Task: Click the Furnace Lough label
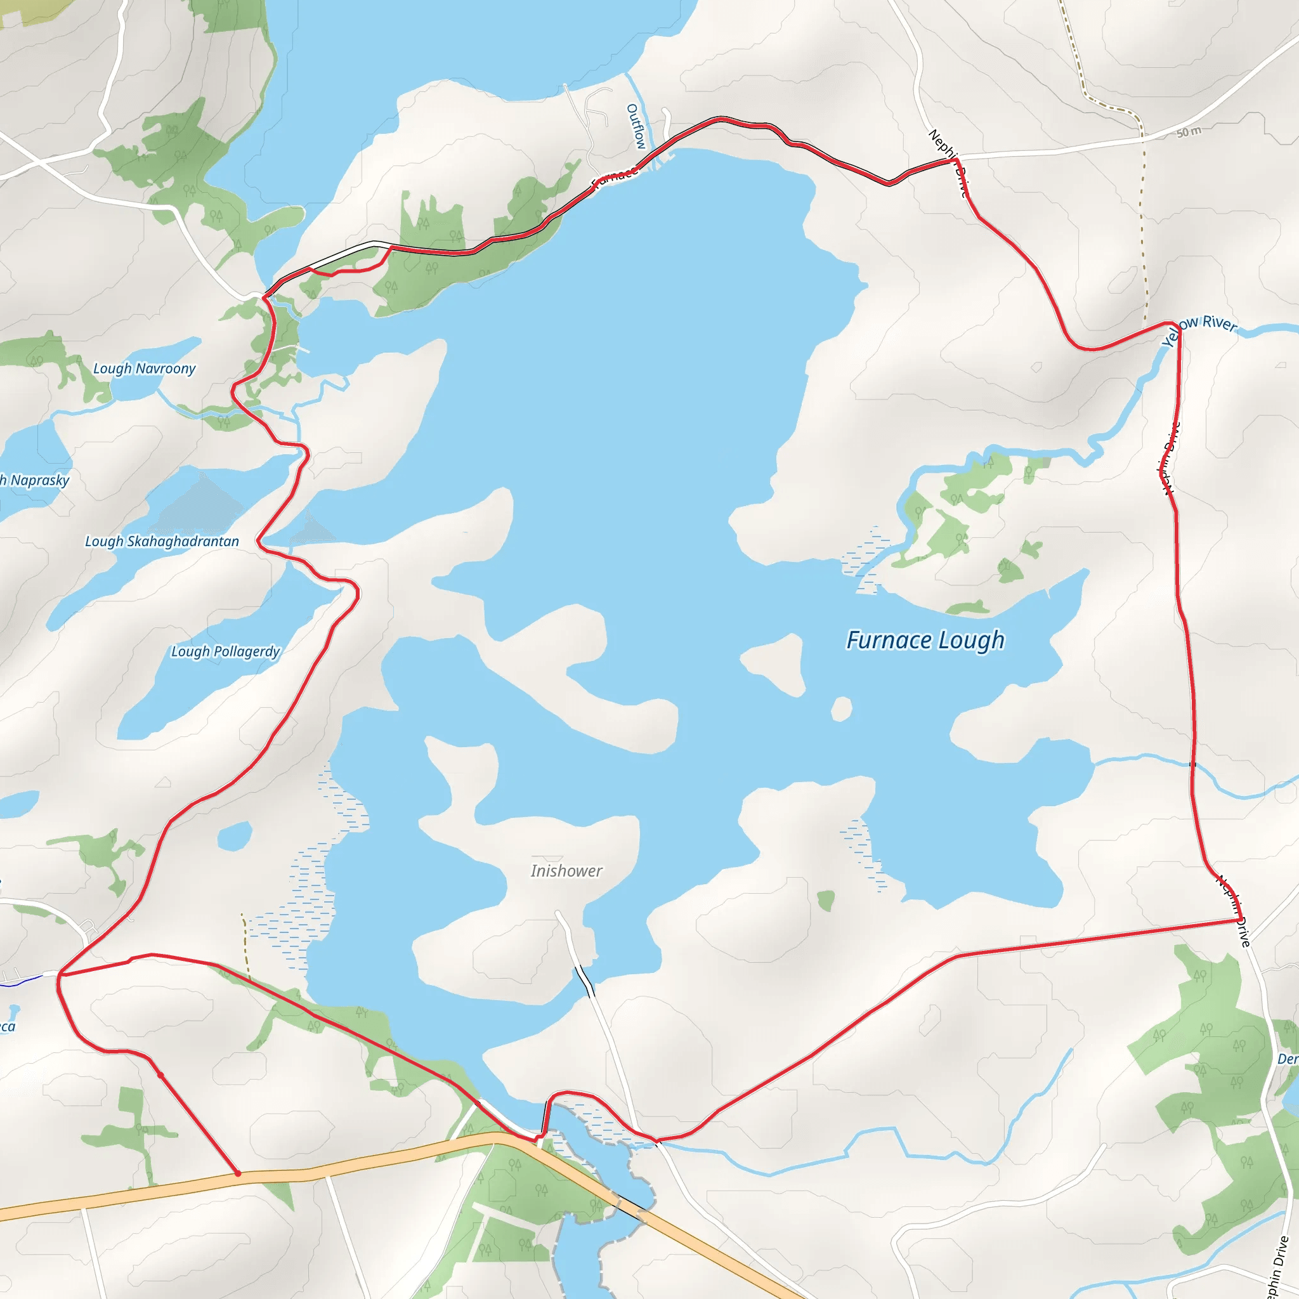click(925, 639)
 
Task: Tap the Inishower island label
click(566, 871)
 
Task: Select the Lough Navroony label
click(144, 369)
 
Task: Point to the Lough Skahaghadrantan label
click(161, 541)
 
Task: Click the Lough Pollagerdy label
click(225, 651)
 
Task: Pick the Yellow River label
click(1201, 329)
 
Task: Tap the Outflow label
click(636, 126)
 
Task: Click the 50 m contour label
click(1189, 133)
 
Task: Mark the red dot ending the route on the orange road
click(237, 1173)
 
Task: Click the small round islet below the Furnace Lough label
click(841, 708)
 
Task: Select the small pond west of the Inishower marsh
click(235, 836)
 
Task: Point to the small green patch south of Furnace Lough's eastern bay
click(826, 899)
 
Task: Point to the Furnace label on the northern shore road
click(615, 176)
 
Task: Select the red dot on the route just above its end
click(160, 1075)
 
